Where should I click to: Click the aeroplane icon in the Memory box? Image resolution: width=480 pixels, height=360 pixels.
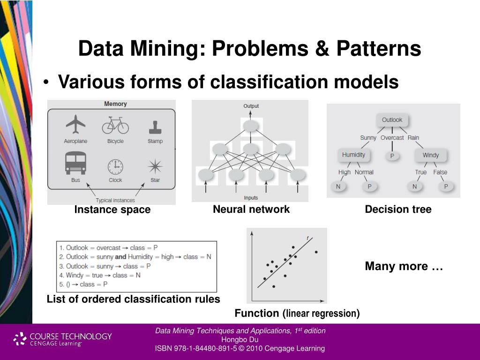click(75, 124)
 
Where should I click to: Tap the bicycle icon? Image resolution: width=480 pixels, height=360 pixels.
click(115, 125)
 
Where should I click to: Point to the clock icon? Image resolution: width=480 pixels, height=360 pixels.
click(115, 166)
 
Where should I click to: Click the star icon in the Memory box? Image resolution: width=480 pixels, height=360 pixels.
click(155, 166)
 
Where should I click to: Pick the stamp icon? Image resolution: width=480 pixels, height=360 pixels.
click(155, 127)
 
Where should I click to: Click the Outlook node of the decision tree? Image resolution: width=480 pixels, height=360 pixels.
click(392, 120)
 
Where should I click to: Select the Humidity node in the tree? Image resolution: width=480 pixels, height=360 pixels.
click(353, 155)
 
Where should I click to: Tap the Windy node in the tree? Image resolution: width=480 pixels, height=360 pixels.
click(430, 155)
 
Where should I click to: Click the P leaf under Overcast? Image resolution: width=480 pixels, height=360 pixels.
click(392, 156)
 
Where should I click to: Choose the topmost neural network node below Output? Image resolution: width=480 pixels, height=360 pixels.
click(251, 126)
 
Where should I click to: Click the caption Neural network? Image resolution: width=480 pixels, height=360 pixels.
click(251, 209)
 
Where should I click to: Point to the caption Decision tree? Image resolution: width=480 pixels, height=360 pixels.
click(398, 210)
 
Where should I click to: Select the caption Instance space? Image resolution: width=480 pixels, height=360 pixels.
click(112, 210)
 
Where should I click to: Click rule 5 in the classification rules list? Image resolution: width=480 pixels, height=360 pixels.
click(82, 284)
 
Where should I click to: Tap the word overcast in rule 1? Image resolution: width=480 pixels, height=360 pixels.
click(108, 247)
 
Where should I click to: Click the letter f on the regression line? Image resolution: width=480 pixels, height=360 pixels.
click(308, 238)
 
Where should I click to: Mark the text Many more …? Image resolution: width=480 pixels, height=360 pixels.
click(404, 266)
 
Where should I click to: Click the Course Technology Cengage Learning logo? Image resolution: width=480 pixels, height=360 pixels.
click(63, 339)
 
